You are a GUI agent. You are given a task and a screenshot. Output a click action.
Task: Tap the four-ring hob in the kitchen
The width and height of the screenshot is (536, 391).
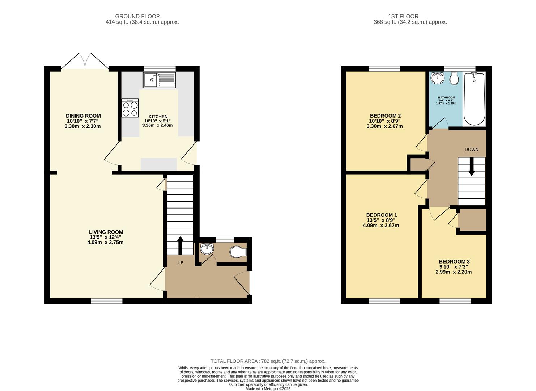tap(130, 108)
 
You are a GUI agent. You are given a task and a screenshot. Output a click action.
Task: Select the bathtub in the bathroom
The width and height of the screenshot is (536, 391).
tap(474, 99)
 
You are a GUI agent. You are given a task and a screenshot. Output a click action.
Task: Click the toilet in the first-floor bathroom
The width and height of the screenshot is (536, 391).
tap(454, 78)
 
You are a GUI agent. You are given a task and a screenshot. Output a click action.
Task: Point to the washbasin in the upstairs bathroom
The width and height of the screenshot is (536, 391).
tap(437, 78)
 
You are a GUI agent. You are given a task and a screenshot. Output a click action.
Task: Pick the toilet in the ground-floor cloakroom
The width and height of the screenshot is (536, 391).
tap(238, 252)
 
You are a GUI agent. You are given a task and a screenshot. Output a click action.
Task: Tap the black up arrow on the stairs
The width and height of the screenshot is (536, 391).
tap(180, 245)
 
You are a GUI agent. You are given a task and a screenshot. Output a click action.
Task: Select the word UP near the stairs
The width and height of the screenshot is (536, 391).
tap(180, 263)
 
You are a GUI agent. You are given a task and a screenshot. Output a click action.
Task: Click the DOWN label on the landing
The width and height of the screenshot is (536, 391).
tap(471, 150)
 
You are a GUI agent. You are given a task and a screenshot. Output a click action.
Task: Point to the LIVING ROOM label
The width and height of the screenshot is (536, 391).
tap(106, 232)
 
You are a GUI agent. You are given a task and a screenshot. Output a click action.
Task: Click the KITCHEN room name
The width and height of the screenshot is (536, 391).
tap(158, 117)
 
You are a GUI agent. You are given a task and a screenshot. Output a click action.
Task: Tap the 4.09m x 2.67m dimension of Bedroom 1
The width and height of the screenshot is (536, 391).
tap(381, 226)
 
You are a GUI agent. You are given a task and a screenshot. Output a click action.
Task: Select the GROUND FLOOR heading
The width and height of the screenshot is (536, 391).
tap(137, 17)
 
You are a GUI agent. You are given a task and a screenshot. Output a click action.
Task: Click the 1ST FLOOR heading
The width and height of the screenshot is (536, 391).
tap(403, 17)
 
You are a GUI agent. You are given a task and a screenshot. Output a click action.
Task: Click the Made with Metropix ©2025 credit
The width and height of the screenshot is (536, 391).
tap(268, 389)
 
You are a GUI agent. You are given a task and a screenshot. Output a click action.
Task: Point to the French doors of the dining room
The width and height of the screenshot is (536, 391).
tap(85, 62)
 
